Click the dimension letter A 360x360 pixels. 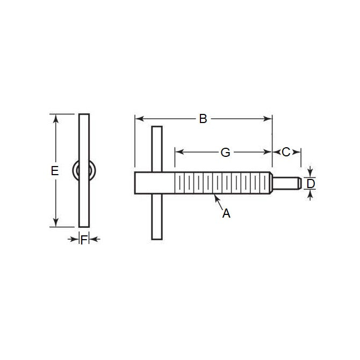tap(226, 213)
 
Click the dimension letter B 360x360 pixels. tap(203, 119)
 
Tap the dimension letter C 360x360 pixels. tap(286, 152)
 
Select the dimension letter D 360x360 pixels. tap(311, 184)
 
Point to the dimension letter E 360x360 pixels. tap(54, 171)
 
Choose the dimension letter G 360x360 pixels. tap(226, 153)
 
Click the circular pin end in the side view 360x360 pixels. tap(84, 171)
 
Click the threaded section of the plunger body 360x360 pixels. tap(220, 183)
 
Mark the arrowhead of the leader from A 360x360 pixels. tap(216, 197)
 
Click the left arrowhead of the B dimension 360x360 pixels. tap(138, 119)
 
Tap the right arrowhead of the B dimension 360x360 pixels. tap(270, 119)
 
